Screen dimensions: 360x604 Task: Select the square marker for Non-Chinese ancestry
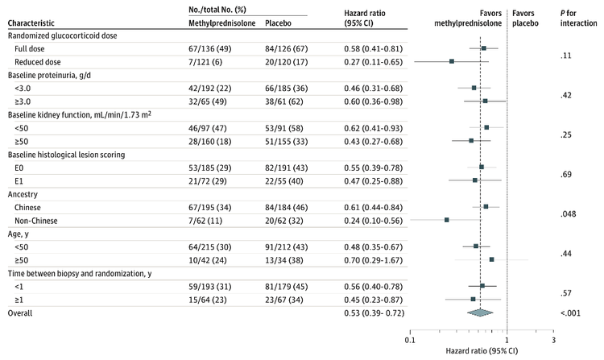pyautogui.click(x=446, y=219)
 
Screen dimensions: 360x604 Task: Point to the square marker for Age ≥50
pyautogui.click(x=491, y=259)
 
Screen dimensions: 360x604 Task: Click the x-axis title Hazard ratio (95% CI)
pyautogui.click(x=481, y=351)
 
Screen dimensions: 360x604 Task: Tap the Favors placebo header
pyautogui.click(x=527, y=19)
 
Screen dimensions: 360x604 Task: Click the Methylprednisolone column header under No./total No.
pyautogui.click(x=213, y=24)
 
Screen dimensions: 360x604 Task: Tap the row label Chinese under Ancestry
pyautogui.click(x=30, y=206)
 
